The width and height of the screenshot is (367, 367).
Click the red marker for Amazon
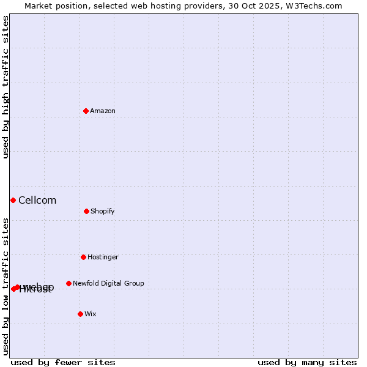pos(86,111)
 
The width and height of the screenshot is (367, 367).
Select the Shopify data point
pos(86,211)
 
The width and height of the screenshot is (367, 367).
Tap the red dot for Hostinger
pos(83,257)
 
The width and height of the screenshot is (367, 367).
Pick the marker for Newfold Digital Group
pos(69,283)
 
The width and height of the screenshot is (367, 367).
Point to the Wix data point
pos(80,314)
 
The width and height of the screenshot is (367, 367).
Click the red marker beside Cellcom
pos(13,200)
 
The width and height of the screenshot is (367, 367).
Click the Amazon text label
pos(103,111)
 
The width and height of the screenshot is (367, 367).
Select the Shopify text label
pos(103,212)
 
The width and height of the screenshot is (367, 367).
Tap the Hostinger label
pos(103,258)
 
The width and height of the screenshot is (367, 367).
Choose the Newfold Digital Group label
pos(108,284)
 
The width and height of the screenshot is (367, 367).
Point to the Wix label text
pos(91,314)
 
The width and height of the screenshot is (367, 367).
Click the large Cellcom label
pos(37,201)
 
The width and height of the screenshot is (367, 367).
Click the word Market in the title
pos(39,6)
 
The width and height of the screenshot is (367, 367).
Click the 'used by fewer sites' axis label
pos(63,363)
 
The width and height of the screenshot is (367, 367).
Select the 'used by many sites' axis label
pos(307,363)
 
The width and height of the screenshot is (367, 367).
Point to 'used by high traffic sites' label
pos(6,87)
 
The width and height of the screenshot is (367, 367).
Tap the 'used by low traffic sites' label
pos(6,286)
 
